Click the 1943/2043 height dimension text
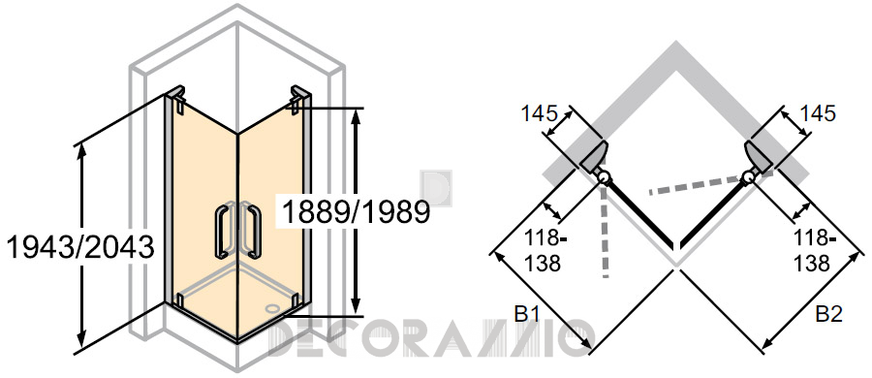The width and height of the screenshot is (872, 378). [79, 246]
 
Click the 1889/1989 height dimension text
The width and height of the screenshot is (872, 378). [357, 211]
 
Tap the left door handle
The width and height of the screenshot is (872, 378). [221, 232]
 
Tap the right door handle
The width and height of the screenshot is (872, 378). [254, 232]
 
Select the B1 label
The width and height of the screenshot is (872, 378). [527, 315]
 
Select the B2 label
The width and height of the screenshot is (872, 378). [829, 315]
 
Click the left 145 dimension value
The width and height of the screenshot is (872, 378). [539, 113]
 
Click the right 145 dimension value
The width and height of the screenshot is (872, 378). [817, 113]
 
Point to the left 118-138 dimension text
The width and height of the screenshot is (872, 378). [543, 251]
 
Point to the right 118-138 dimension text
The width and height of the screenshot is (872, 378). [814, 251]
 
